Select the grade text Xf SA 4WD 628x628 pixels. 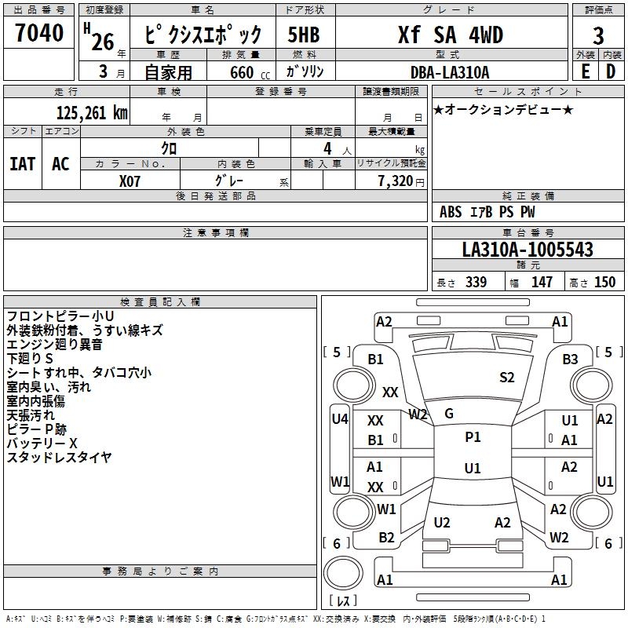pos(449,35)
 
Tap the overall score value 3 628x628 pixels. pos(598,35)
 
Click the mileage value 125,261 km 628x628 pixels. pos(92,112)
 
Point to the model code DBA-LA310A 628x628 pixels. pos(449,72)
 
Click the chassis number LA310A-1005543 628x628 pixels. pos(528,250)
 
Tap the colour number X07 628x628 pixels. pos(130,181)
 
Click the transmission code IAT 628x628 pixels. pos(22,163)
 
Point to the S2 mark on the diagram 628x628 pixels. pos(507,378)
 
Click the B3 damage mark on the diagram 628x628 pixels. pos(570,360)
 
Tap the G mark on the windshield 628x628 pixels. pos(449,413)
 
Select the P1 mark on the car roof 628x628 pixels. pos(473,437)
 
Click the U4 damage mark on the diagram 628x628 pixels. pos(339,419)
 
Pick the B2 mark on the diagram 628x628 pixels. pos(386,538)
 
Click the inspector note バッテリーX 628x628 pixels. pos(42,444)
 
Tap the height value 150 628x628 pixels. pos(604,283)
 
